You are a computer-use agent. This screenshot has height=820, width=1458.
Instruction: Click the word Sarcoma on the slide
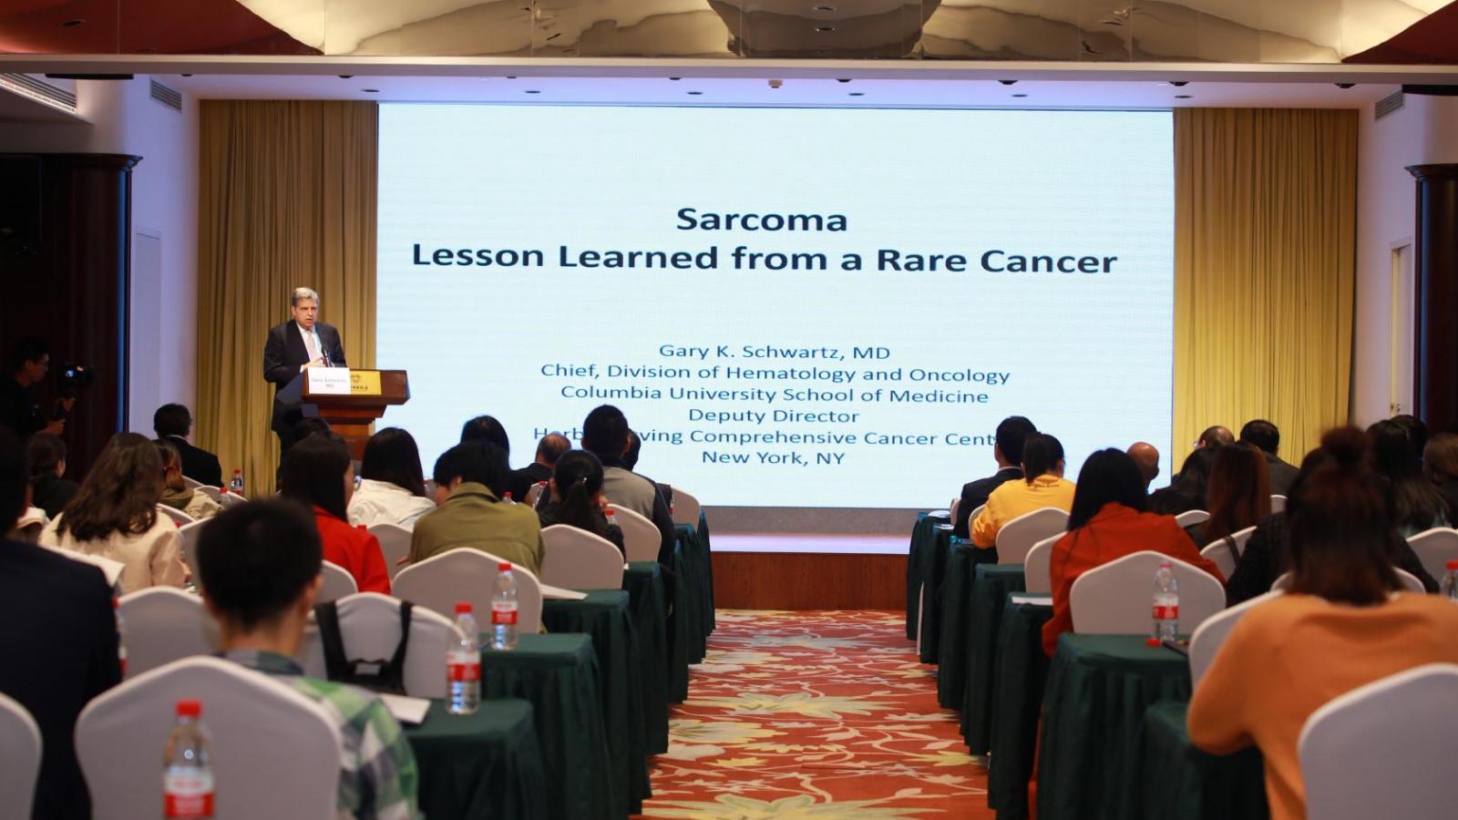762,220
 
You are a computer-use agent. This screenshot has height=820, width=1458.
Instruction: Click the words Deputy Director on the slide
774,415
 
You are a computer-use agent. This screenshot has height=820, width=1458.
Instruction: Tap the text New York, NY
773,457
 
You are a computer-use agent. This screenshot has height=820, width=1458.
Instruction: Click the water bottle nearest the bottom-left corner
189,765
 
